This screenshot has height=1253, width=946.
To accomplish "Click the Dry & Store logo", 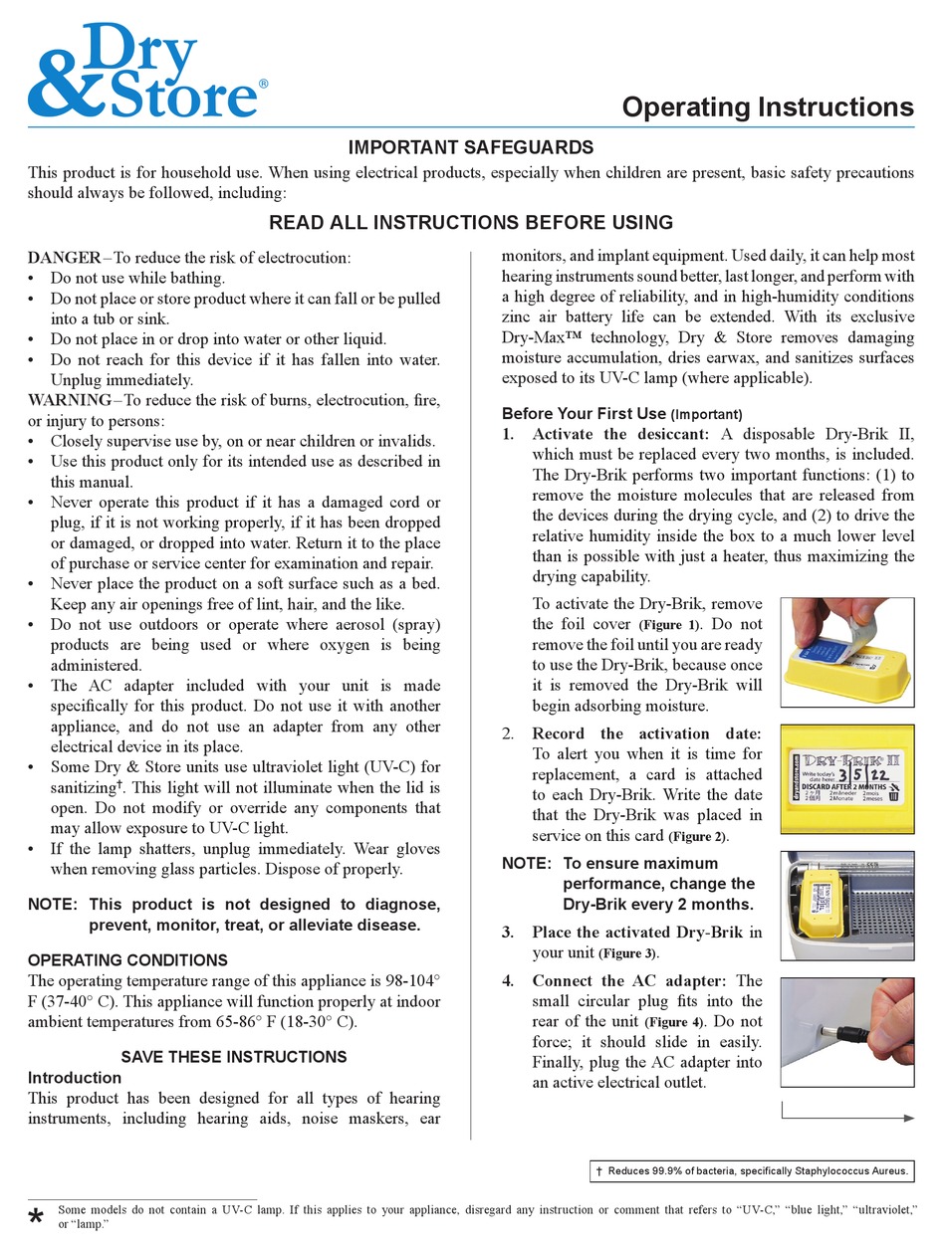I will (x=146, y=70).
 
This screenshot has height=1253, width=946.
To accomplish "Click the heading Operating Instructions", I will (x=768, y=106).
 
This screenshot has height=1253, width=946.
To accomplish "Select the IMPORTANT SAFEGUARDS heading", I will (x=470, y=147).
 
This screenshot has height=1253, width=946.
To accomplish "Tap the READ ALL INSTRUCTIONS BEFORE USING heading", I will (x=470, y=222).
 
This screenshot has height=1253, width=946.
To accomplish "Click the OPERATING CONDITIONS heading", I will (x=127, y=960).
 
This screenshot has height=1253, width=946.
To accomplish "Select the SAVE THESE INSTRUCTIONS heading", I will (x=234, y=1057).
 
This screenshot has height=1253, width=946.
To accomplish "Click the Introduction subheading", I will (x=75, y=1078).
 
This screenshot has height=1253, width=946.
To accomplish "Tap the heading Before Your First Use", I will (x=584, y=413).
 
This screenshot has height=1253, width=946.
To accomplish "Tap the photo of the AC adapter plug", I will (x=846, y=1032).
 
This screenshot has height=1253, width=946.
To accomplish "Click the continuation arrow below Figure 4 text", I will (x=847, y=1118).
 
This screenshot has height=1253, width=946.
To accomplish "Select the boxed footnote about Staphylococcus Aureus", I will (x=752, y=1172).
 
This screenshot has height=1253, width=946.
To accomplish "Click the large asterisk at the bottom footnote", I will (x=37, y=1220).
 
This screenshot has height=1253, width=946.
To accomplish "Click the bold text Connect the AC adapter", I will (x=632, y=981).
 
